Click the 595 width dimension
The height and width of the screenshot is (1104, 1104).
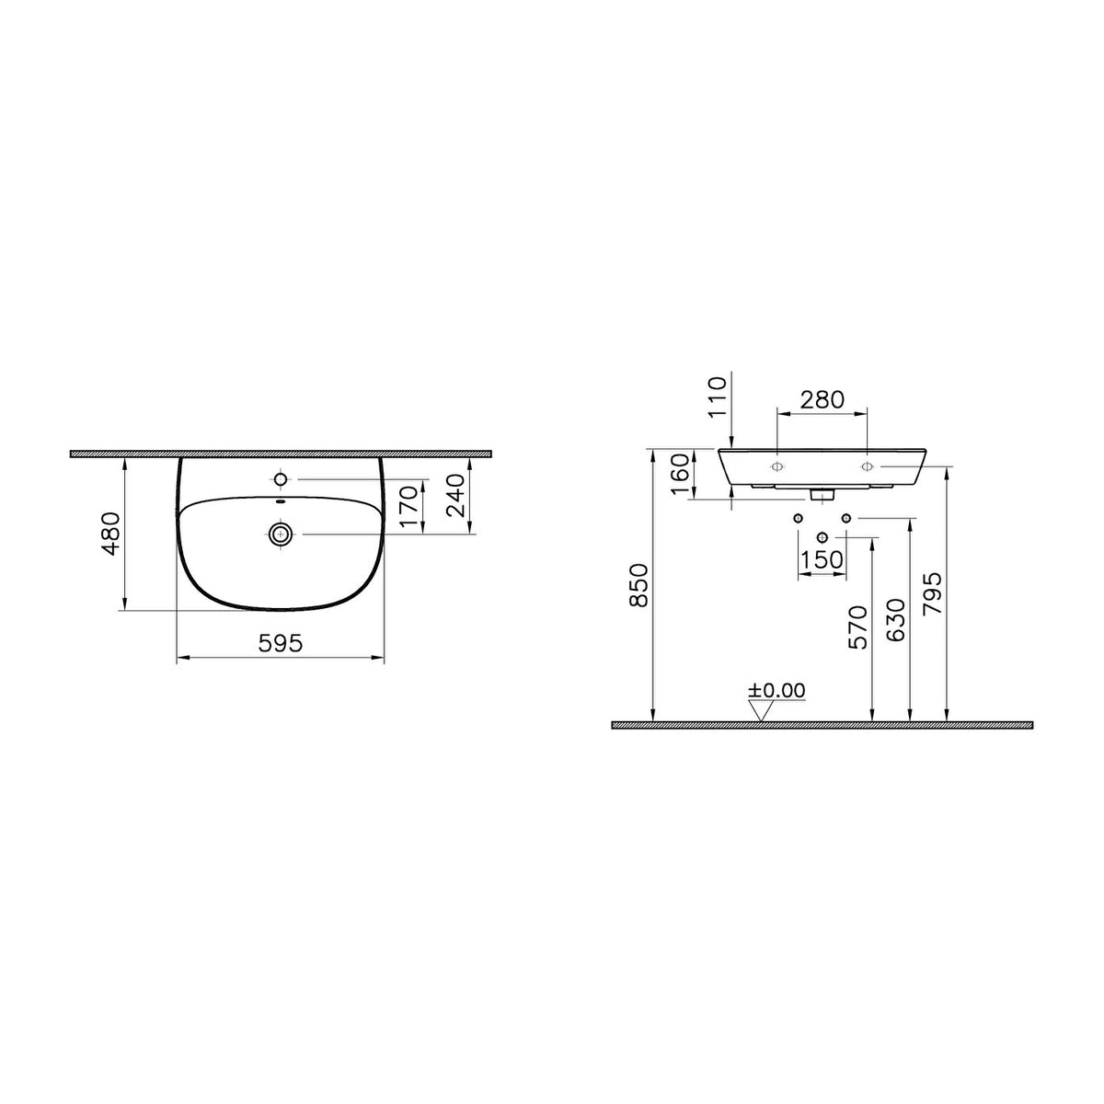(281, 643)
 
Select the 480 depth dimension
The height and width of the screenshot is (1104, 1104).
(111, 534)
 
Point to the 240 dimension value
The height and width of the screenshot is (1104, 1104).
(456, 496)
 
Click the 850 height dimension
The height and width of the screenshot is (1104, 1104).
(638, 585)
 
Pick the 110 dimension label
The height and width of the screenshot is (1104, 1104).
(717, 397)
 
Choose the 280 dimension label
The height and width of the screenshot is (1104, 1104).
(822, 399)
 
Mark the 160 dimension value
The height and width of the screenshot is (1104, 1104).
(680, 475)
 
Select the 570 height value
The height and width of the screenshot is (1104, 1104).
(857, 627)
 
